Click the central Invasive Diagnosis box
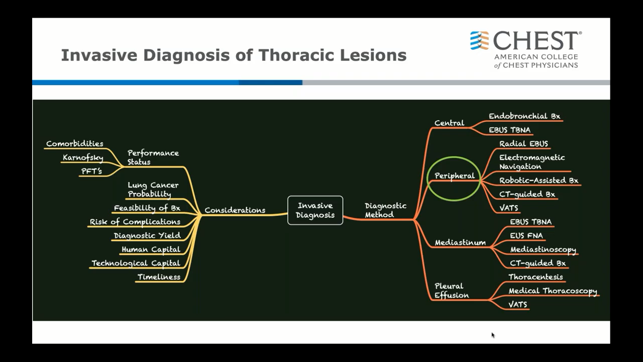pos(315,210)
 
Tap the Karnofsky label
pos(83,157)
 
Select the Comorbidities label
pos(75,143)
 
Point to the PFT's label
pos(91,171)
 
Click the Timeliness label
pos(159,277)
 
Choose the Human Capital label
pos(151,249)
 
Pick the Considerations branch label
pos(235,210)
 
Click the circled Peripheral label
pos(455,176)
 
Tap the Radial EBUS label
pos(523,144)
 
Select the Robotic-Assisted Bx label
pos(539,180)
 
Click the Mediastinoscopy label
pos(543,249)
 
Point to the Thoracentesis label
pos(535,277)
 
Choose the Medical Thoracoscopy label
pos(553,291)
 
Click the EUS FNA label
pos(526,236)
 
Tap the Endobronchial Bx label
pos(524,116)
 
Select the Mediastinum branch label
pos(460,242)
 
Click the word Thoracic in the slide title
pos(296,55)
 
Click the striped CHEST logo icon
pos(479,41)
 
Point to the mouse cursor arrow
pos(493,335)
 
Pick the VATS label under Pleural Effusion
pos(517,304)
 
